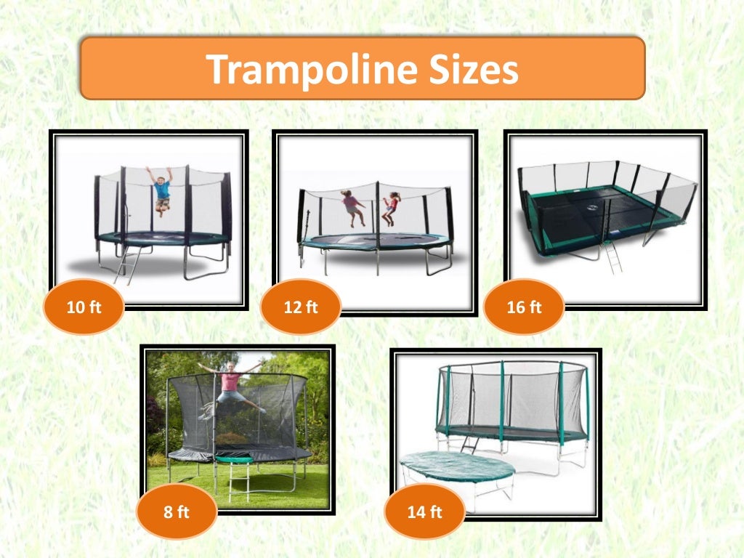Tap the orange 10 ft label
point(84,307)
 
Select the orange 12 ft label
point(301,307)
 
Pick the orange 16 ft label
point(524,307)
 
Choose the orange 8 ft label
point(176,512)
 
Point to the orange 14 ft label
point(424,511)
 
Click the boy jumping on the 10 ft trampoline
point(161,190)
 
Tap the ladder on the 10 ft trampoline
point(128,266)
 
